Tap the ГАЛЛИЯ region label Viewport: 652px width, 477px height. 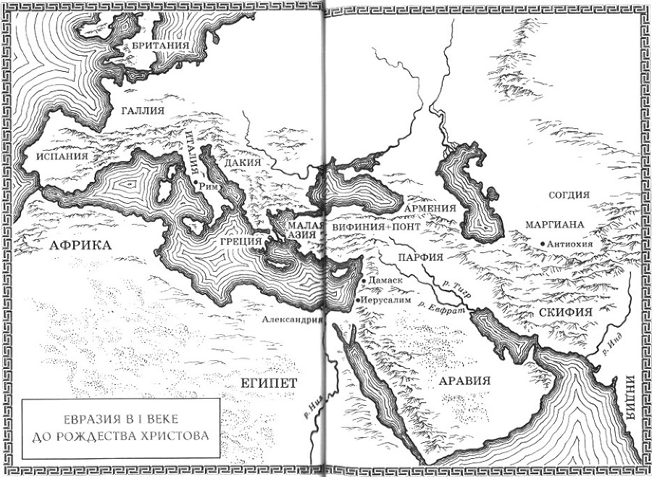(142, 110)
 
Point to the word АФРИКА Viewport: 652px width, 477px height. (81, 245)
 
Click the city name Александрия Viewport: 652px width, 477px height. (292, 318)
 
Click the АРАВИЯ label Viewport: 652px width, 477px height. (461, 380)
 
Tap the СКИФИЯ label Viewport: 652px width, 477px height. (566, 310)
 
